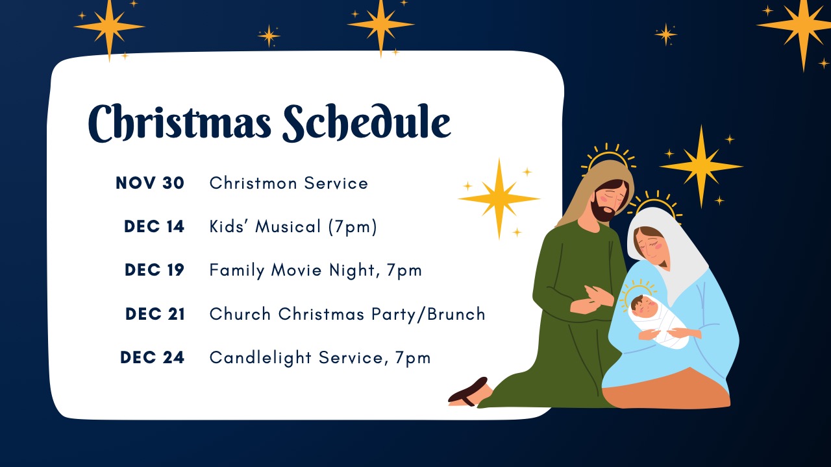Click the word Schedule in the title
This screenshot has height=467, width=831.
tap(367, 123)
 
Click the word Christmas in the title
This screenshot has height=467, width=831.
tap(180, 123)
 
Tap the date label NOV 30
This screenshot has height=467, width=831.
tap(150, 183)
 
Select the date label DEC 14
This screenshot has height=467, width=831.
tap(154, 226)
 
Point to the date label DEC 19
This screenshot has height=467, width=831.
tap(155, 270)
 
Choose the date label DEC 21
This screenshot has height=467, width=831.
tap(155, 314)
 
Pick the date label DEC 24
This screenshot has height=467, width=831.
tap(152, 357)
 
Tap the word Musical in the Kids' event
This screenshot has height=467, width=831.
tap(288, 226)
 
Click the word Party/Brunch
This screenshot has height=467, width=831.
tap(428, 315)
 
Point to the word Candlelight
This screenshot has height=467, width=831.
tap(260, 358)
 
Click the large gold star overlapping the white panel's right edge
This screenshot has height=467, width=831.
tap(499, 198)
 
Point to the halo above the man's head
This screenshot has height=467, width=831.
tap(608, 158)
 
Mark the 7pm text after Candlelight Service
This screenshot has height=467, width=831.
tap(412, 359)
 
